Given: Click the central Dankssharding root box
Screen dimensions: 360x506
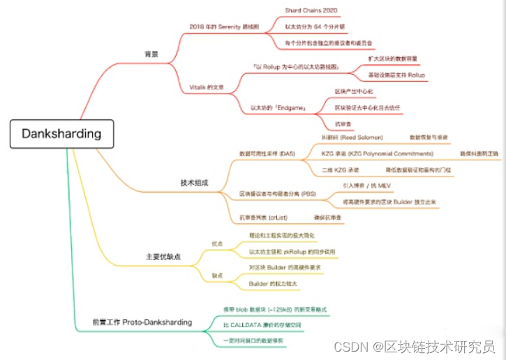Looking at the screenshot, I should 61,133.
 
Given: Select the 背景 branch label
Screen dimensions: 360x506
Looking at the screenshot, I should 151,53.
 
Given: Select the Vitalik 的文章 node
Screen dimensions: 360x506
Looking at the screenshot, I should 207,87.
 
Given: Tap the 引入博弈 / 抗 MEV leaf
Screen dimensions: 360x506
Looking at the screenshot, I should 368,186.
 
